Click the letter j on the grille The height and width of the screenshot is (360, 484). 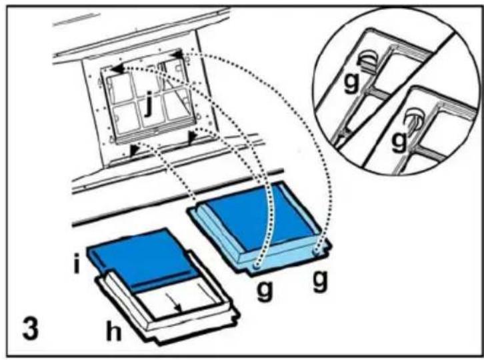(x=149, y=104)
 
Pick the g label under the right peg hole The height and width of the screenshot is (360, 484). (x=320, y=281)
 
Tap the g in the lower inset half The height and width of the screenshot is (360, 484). (x=399, y=141)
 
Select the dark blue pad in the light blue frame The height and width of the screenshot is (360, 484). (x=259, y=218)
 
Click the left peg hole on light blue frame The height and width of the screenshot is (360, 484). (x=255, y=265)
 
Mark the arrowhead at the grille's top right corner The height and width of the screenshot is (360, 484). (x=177, y=55)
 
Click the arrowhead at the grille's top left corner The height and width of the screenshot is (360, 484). (x=117, y=69)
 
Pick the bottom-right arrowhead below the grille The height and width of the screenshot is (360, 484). (x=192, y=138)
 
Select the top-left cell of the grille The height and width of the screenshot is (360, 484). (x=120, y=87)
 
